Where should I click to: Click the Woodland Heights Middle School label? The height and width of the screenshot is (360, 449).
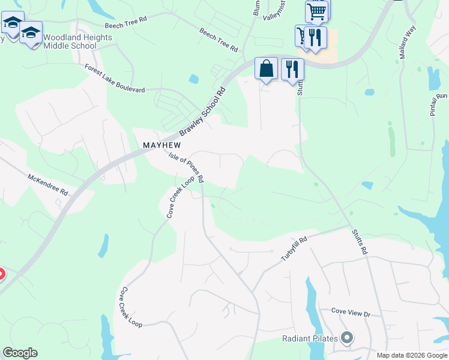(70, 41)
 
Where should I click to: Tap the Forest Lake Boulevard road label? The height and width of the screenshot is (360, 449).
(115, 79)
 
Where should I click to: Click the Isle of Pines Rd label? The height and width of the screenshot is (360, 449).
(187, 167)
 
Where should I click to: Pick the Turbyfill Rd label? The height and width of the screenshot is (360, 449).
(294, 248)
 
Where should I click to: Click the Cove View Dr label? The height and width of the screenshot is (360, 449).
(352, 313)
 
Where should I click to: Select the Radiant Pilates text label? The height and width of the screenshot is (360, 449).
(310, 338)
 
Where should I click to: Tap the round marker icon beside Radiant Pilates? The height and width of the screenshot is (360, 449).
(346, 338)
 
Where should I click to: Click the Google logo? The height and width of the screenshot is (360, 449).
(20, 353)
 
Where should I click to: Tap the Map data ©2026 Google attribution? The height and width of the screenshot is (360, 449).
(412, 355)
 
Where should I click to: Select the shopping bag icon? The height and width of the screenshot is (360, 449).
(267, 68)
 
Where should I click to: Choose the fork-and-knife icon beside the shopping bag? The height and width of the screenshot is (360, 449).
(292, 68)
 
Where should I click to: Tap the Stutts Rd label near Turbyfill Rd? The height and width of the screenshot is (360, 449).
(359, 241)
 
